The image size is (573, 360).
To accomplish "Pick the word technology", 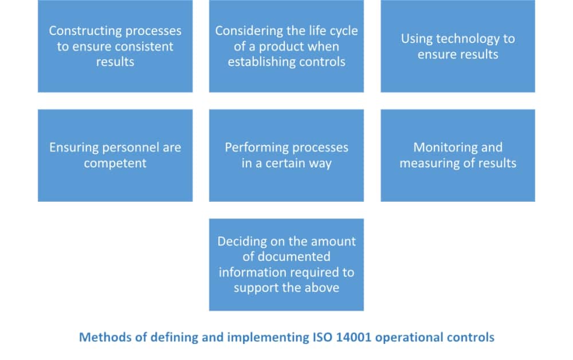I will [x=464, y=39].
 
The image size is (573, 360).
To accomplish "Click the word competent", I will [x=115, y=163].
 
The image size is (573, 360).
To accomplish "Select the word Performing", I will [x=254, y=147].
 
